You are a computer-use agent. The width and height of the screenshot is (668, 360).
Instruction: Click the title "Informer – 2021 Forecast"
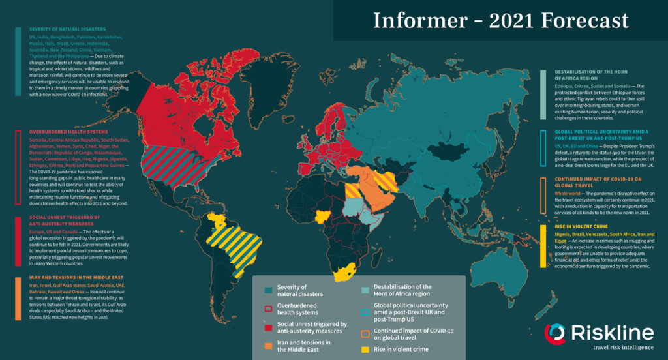[500, 21]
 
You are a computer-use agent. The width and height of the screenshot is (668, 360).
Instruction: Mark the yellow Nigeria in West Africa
[323, 216]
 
